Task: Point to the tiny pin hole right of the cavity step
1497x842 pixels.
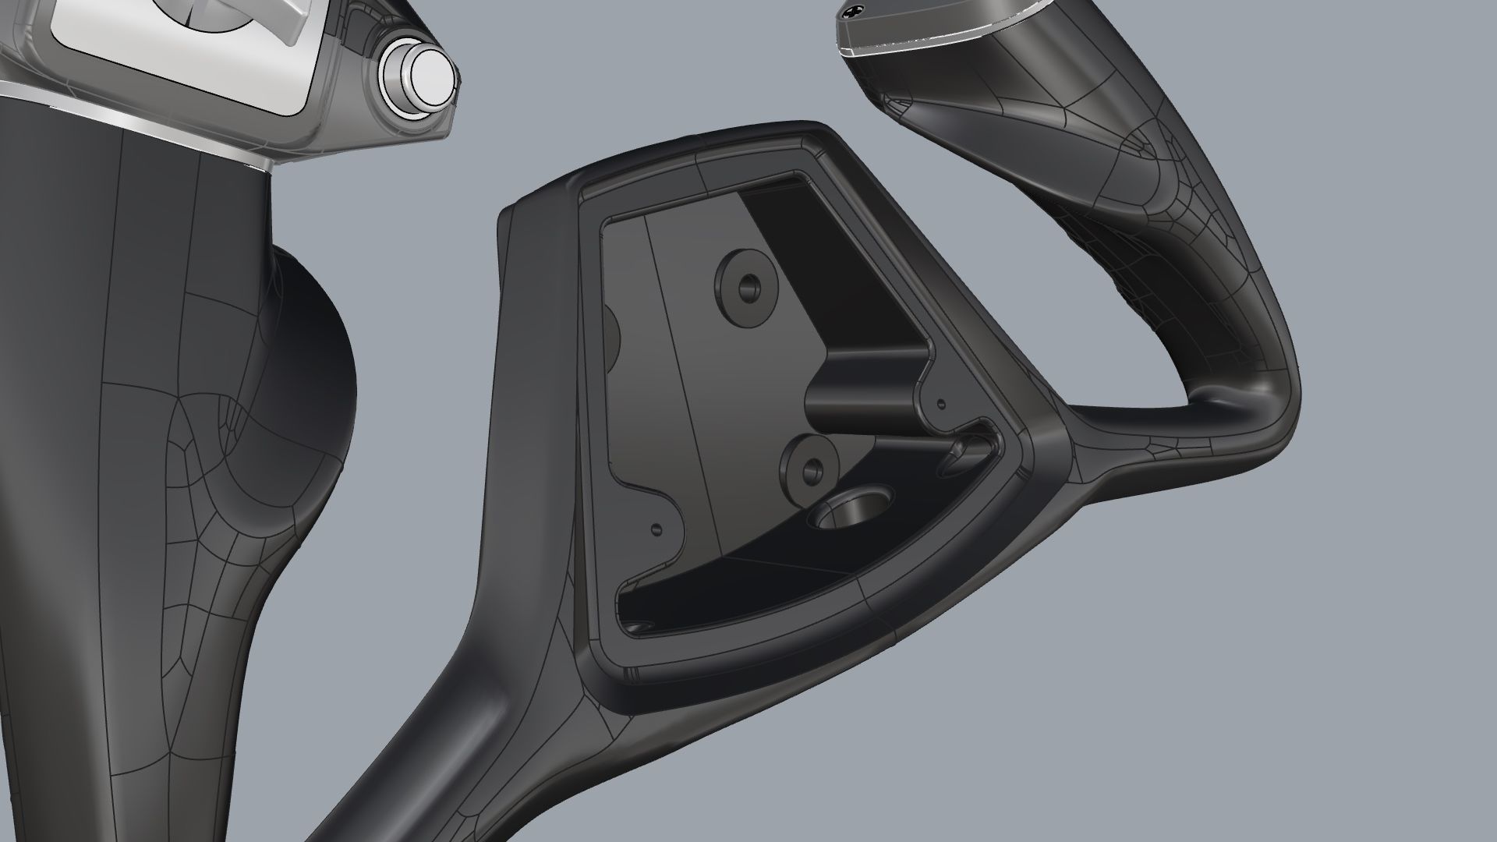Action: click(x=941, y=405)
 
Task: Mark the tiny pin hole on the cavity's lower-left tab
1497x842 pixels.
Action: click(x=656, y=529)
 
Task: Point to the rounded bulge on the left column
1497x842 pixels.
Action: click(x=312, y=374)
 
